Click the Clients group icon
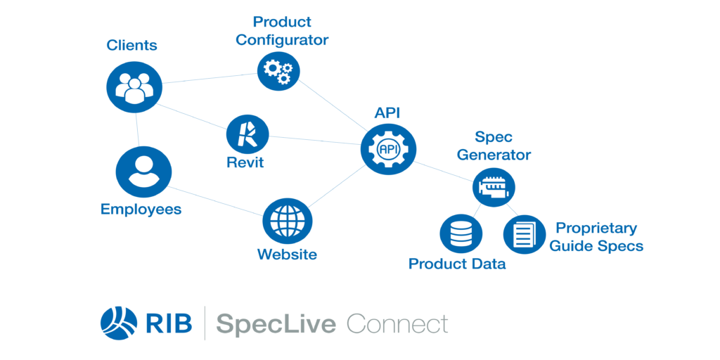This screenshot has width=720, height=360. click(134, 86)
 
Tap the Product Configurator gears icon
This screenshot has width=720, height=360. click(278, 70)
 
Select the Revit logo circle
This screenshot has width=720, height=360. click(247, 134)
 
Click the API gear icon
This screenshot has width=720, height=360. click(388, 148)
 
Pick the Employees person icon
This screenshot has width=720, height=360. click(143, 172)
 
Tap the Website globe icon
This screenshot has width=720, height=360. click(288, 221)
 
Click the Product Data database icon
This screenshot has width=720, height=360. click(461, 233)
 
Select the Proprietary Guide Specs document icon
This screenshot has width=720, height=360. click(525, 233)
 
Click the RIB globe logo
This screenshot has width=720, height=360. click(118, 323)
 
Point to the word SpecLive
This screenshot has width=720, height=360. click(276, 323)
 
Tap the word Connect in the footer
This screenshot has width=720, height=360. click(397, 323)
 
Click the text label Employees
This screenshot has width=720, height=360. click(141, 210)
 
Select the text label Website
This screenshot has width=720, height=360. click(287, 254)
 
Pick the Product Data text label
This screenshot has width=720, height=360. click(457, 264)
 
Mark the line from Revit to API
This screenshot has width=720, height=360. click(315, 140)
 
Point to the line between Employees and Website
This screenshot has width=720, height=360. click(216, 200)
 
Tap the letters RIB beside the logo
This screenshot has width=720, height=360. click(169, 323)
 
